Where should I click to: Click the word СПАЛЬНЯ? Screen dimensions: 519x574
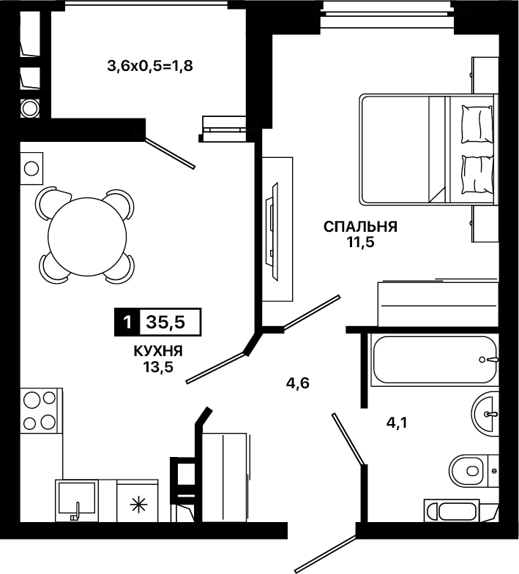click(x=360, y=227)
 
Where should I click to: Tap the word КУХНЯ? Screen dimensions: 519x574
click(x=158, y=352)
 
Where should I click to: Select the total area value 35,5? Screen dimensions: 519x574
click(x=165, y=322)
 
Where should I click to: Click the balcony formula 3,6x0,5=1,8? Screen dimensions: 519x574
click(x=150, y=67)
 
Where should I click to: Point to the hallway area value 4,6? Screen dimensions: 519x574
click(x=298, y=383)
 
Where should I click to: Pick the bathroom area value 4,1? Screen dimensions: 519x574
click(x=397, y=423)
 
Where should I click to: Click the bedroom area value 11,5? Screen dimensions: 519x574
click(x=361, y=242)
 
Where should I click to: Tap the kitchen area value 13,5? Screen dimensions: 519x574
click(x=158, y=366)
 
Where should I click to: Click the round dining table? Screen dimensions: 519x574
click(x=87, y=237)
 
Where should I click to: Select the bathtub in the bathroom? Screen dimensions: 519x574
click(x=435, y=360)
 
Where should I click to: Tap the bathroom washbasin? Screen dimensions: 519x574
click(x=485, y=415)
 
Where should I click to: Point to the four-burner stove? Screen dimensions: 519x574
click(x=39, y=411)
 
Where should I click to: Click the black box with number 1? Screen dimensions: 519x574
click(x=127, y=322)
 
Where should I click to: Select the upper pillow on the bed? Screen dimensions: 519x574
click(x=477, y=124)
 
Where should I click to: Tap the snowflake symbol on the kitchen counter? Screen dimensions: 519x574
click(x=138, y=505)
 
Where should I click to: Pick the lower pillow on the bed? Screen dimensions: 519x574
click(x=477, y=175)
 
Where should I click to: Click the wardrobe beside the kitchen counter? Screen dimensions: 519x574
click(x=224, y=478)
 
